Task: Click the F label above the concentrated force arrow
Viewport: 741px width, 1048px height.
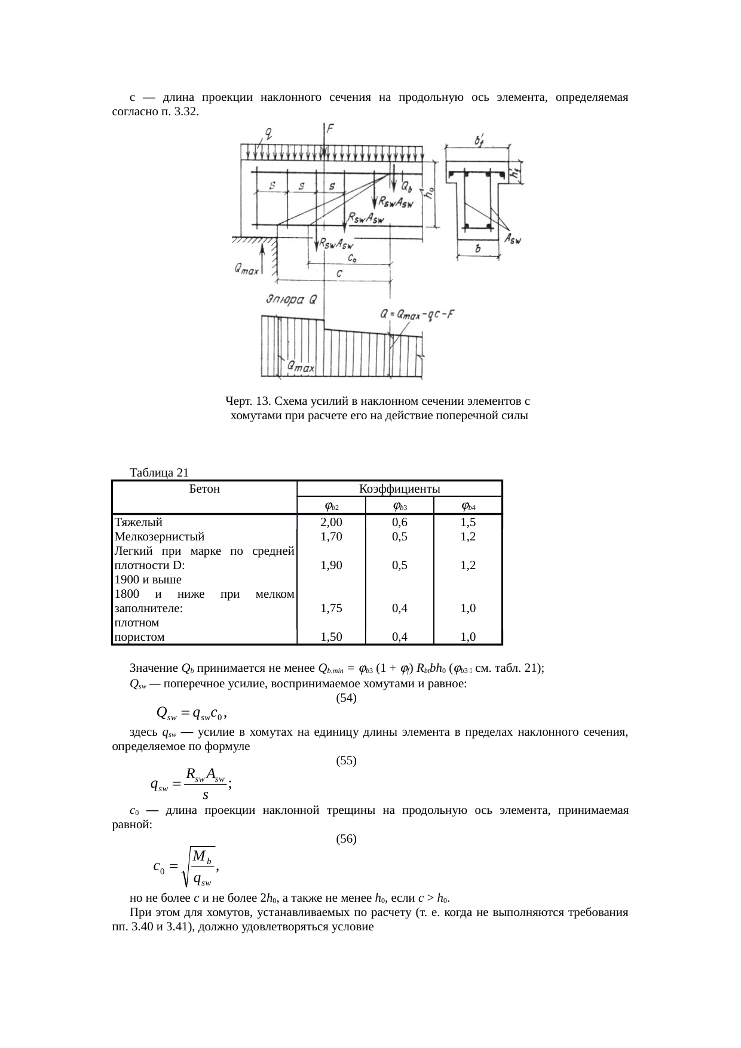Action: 330,128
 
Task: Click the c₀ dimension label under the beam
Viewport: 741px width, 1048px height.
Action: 353,259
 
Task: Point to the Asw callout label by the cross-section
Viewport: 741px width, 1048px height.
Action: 512,239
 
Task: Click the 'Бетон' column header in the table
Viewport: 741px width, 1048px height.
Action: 204,489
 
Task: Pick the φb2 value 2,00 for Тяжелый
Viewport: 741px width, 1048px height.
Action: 331,522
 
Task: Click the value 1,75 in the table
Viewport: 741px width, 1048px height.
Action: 331,608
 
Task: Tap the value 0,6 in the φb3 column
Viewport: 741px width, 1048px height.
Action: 399,522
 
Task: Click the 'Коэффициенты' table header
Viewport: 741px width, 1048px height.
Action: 399,489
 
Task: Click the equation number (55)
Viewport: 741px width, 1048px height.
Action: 347,760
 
